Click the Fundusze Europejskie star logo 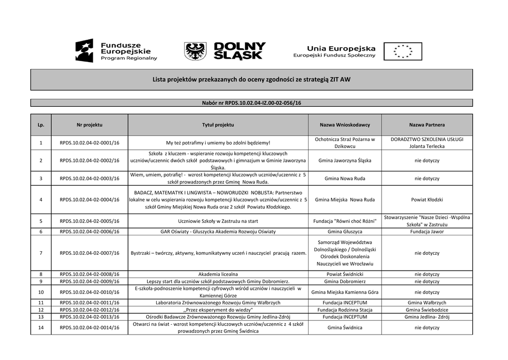click(x=84, y=51)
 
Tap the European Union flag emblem click(x=402, y=51)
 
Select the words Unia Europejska click(x=341, y=48)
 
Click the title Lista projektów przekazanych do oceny click(x=252, y=79)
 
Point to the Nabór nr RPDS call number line click(x=252, y=103)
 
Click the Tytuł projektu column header click(x=218, y=125)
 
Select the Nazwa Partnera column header click(x=427, y=125)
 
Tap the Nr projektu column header click(x=89, y=125)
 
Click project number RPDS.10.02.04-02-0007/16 click(x=89, y=253)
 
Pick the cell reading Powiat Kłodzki click(x=427, y=200)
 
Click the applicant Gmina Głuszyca click(x=345, y=231)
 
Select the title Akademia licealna click(x=218, y=274)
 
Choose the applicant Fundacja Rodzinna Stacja click(x=345, y=309)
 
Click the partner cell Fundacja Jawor click(x=427, y=231)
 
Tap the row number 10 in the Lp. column click(x=41, y=292)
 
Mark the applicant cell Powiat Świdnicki click(x=345, y=274)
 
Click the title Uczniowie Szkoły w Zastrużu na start click(x=218, y=221)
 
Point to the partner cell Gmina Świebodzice click(x=427, y=309)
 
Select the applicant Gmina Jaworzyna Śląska click(x=345, y=160)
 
